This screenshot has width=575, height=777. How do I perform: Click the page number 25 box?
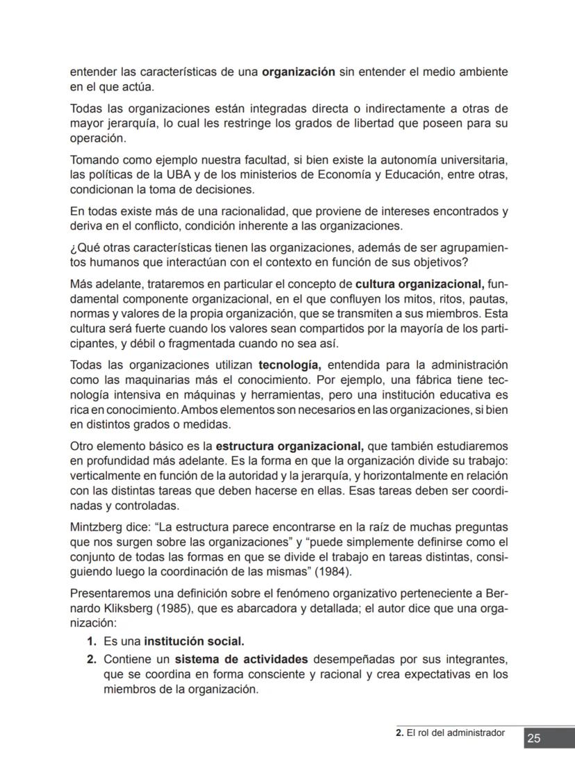pyautogui.click(x=533, y=738)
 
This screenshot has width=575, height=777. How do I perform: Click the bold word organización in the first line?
pyautogui.click(x=299, y=72)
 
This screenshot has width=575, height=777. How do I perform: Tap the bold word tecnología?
pyautogui.click(x=290, y=365)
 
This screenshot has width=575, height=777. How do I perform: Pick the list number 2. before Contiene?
pyautogui.click(x=92, y=659)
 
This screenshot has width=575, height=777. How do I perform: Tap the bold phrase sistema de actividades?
pyautogui.click(x=240, y=659)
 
